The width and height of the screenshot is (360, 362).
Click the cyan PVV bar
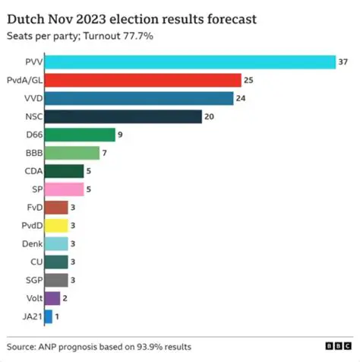tap(190, 62)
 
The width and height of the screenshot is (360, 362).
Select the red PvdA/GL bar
tap(143, 80)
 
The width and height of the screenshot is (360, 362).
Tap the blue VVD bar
tap(139, 98)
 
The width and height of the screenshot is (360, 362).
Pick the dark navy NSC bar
tap(123, 116)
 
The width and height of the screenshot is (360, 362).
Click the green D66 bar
tap(80, 135)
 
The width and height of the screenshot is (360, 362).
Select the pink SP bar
tap(64, 189)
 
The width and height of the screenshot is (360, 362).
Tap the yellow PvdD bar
tap(56, 225)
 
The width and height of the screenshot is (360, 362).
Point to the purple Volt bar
tap(52, 298)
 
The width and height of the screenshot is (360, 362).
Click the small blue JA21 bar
tap(49, 316)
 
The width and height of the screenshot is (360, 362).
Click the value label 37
tap(343, 62)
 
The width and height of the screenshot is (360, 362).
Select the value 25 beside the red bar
tap(248, 80)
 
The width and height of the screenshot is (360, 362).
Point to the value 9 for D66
tap(120, 135)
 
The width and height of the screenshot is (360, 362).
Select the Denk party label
tap(31, 243)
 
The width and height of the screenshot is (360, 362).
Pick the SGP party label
tap(31, 280)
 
